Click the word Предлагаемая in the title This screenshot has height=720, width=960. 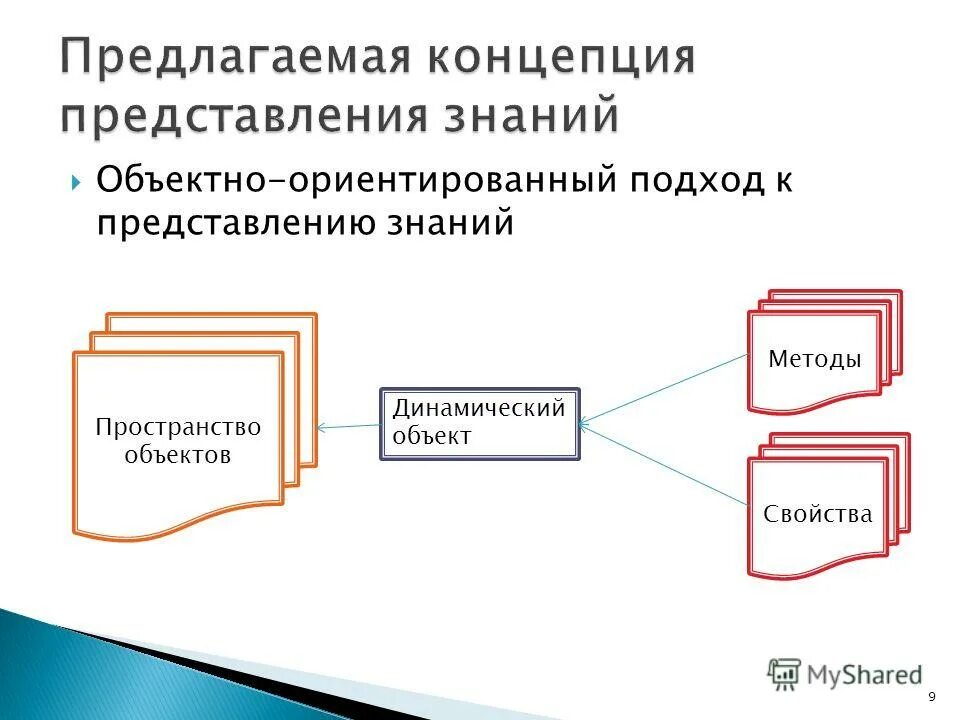236,57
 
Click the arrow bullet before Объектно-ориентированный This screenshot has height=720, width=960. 76,183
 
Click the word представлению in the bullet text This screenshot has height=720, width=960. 231,222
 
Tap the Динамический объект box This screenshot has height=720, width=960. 479,424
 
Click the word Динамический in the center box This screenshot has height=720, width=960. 478,409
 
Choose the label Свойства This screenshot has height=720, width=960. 817,514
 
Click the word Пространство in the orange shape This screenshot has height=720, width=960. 178,428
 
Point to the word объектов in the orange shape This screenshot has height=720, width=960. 178,455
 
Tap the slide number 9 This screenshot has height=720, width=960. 932,698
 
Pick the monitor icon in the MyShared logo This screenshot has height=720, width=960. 784,673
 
